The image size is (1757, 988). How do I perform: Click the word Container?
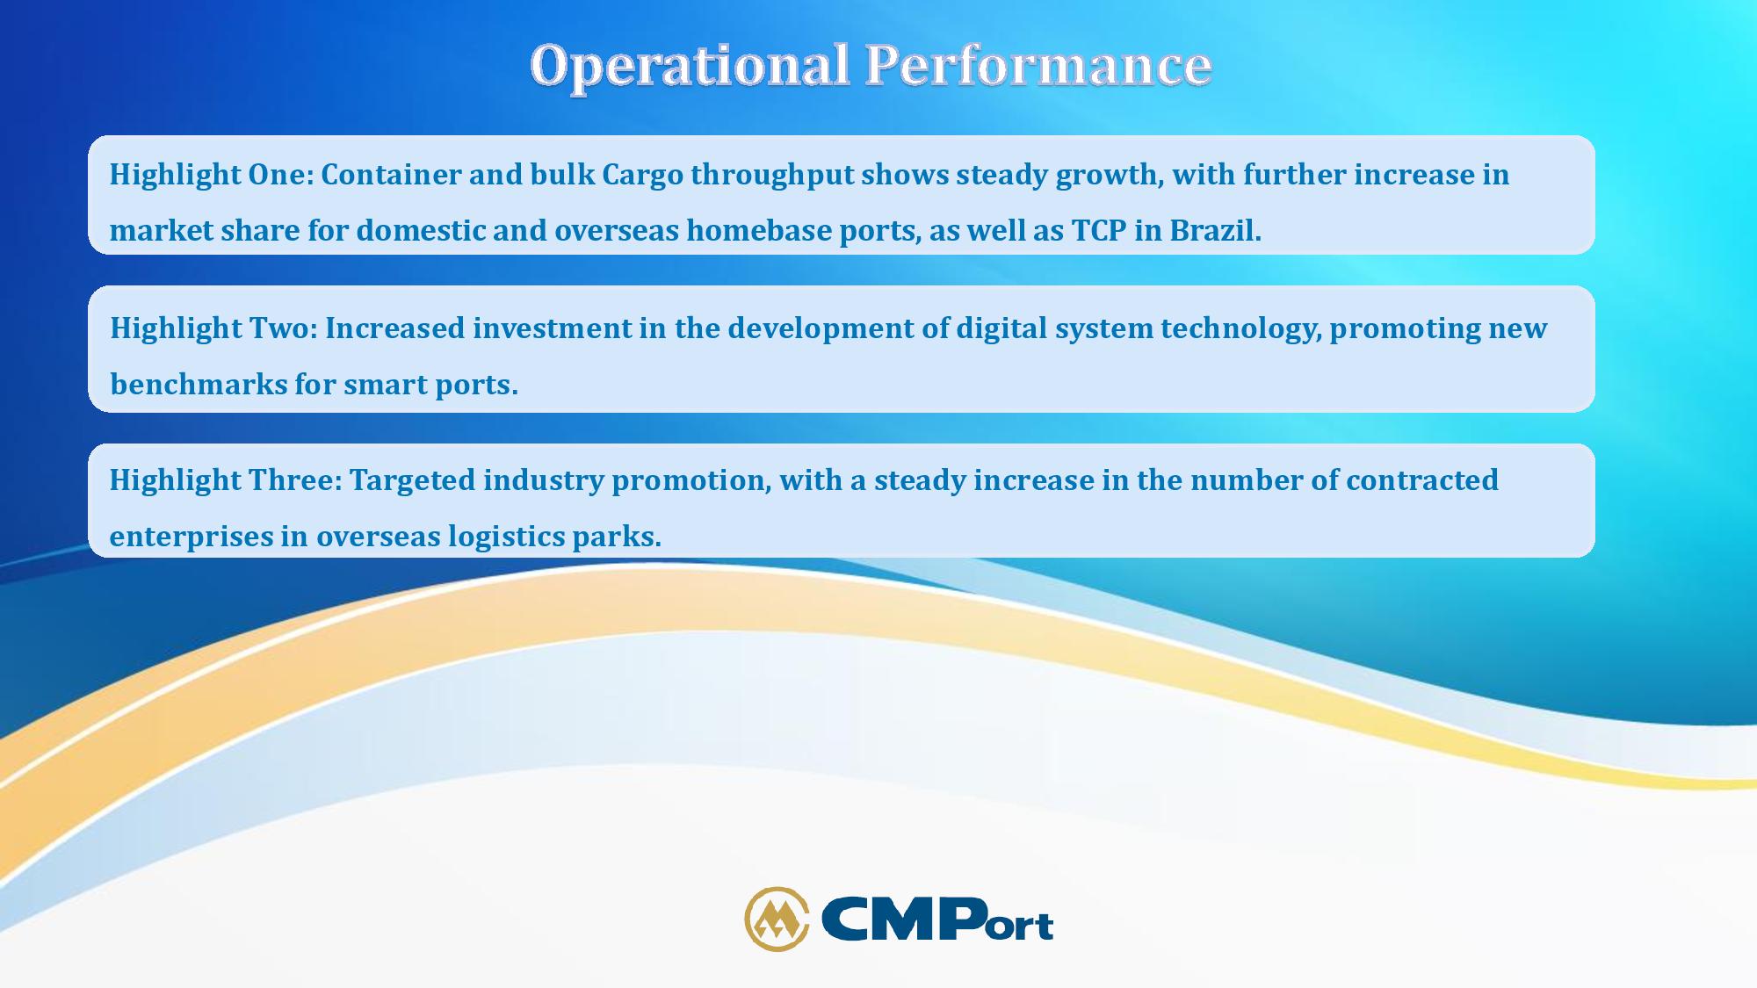391,174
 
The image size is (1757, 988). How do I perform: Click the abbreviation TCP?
1099,230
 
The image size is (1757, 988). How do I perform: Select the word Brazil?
1215,230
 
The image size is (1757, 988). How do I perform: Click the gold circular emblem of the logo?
777,919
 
